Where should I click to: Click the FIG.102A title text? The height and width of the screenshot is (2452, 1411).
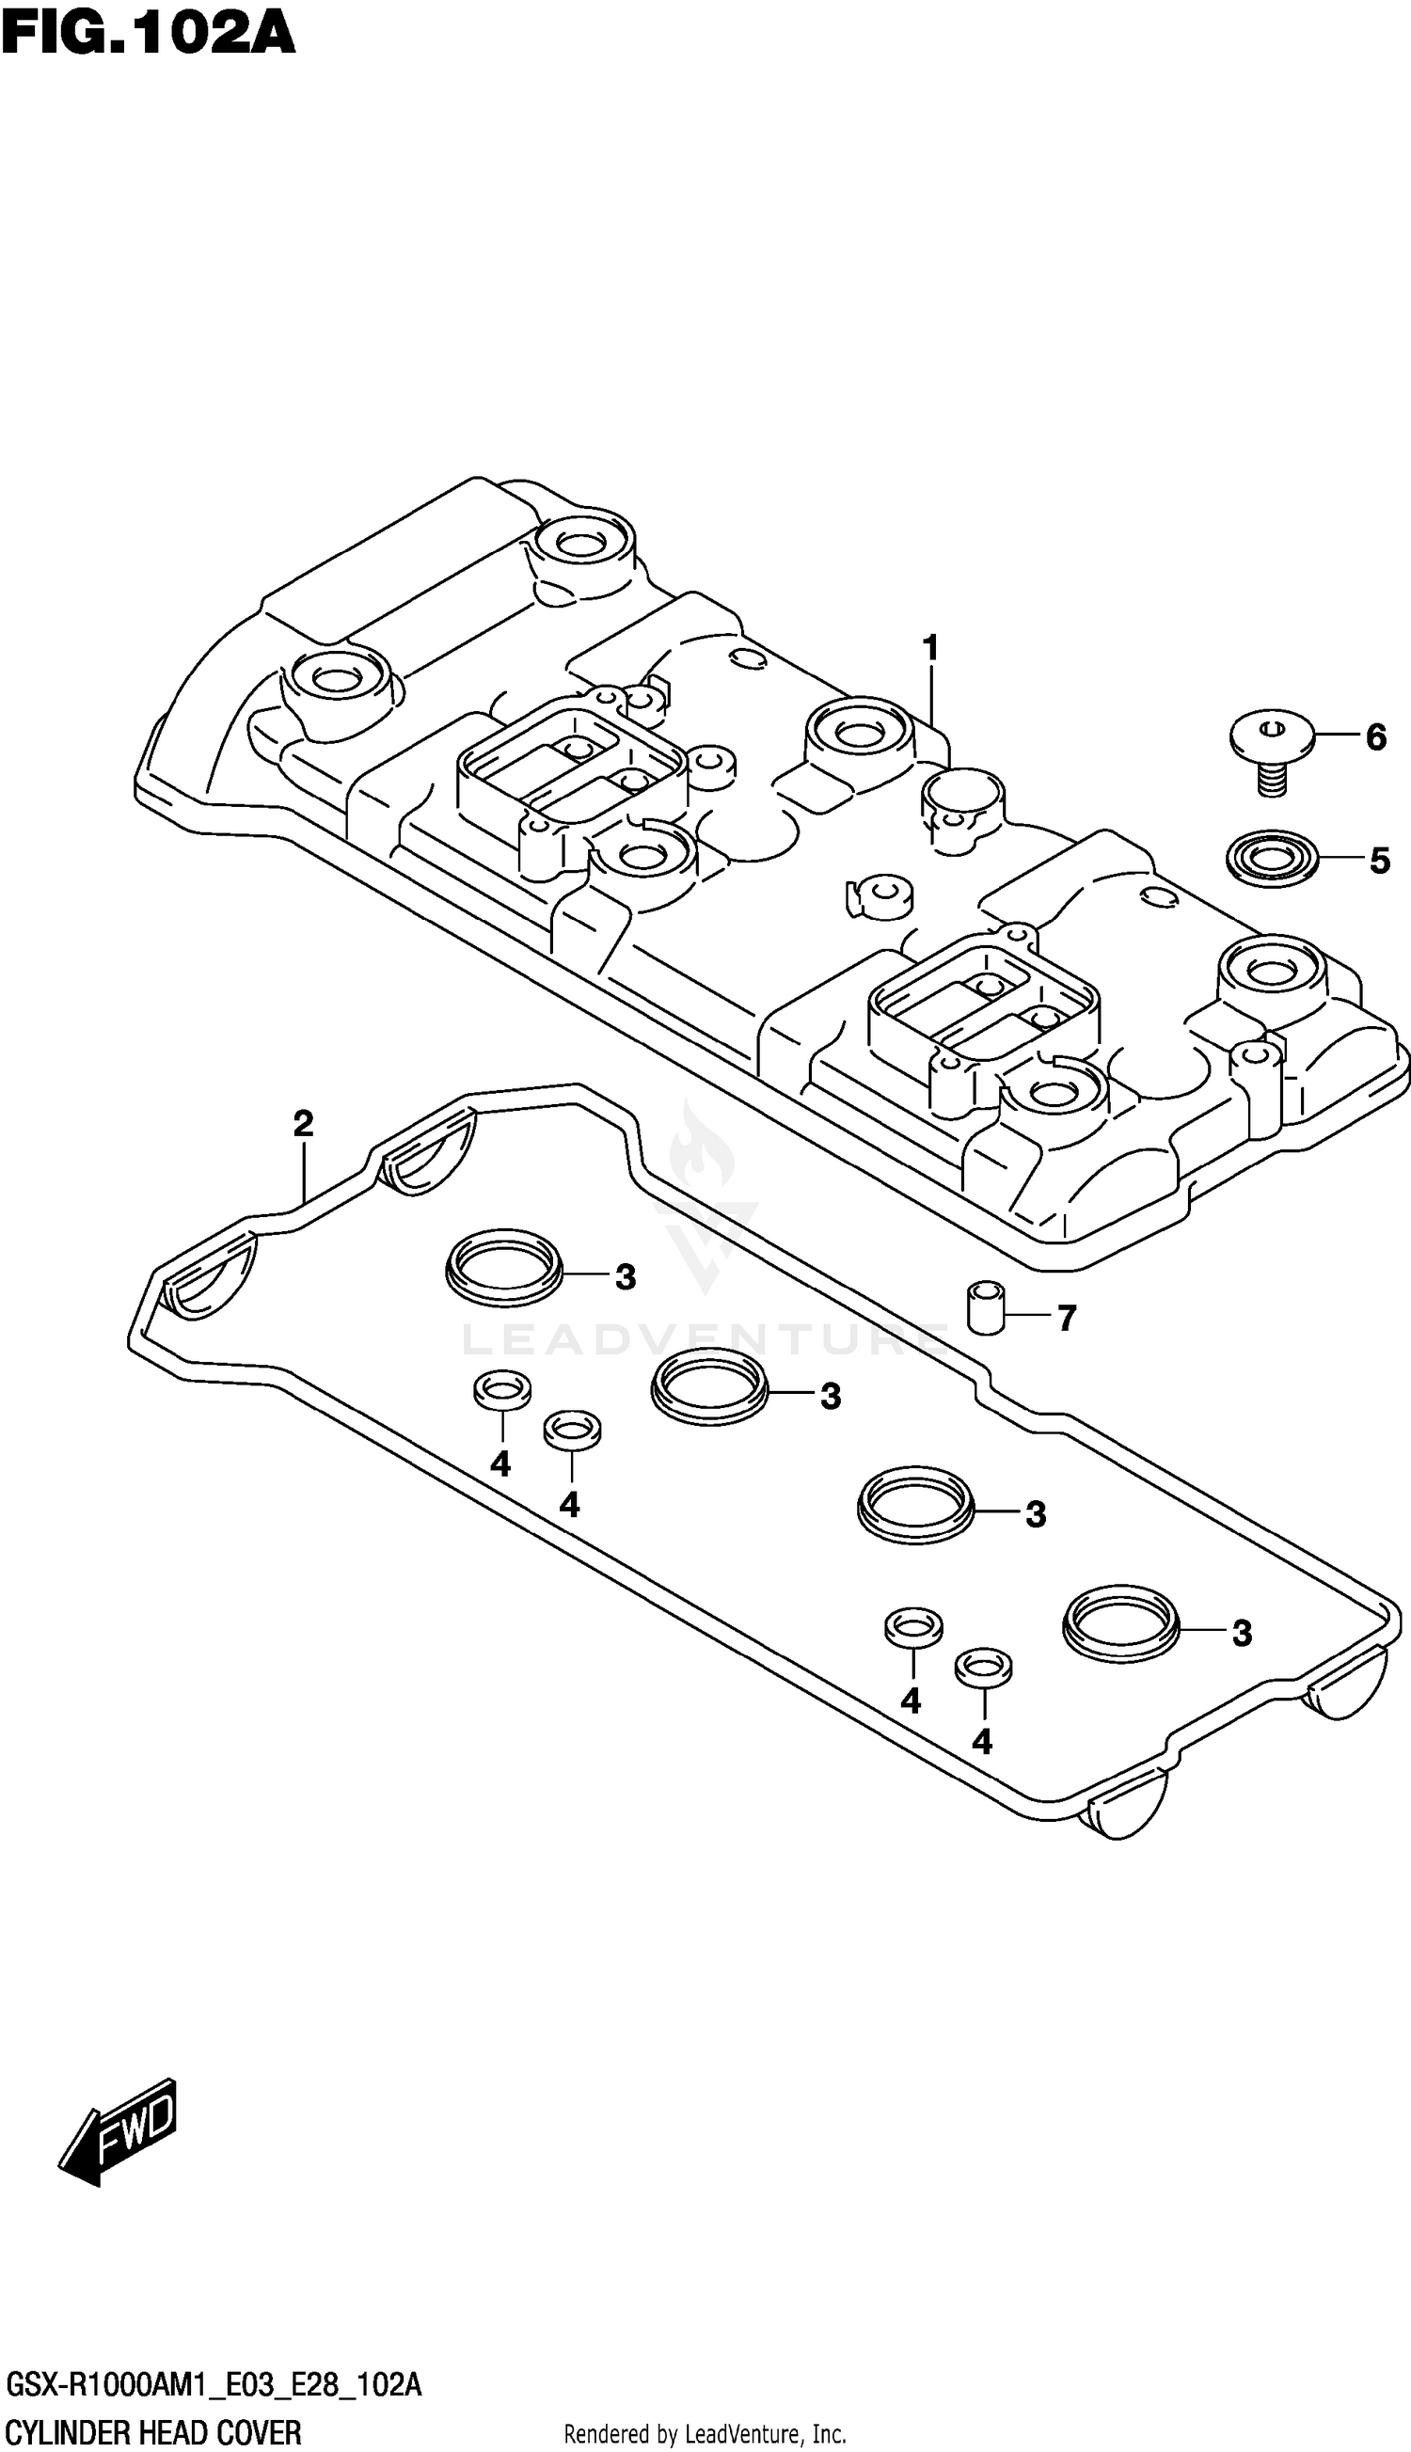[148, 35]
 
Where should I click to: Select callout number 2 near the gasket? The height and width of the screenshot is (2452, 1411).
[303, 1125]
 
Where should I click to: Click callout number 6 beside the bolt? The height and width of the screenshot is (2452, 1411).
[1375, 738]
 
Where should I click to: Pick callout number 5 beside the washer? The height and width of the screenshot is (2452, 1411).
[1379, 861]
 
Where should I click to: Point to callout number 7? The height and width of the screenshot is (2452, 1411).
[1066, 1319]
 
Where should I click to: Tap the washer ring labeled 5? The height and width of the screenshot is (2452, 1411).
[1272, 858]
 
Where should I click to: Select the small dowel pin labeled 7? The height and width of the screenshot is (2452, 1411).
[987, 1307]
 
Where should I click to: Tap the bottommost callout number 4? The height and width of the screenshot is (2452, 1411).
[982, 1743]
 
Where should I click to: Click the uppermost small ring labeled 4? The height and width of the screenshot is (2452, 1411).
[502, 1390]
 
